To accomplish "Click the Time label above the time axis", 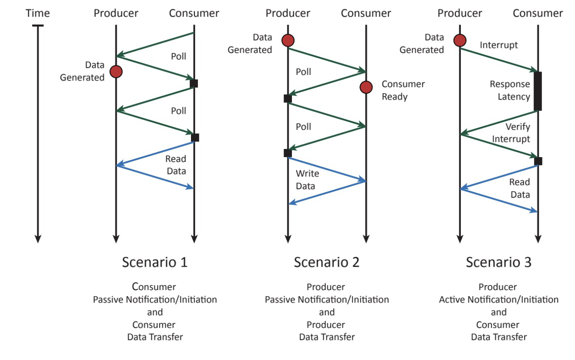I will (x=38, y=13).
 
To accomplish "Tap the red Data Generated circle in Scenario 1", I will (x=116, y=72).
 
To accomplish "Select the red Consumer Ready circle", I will (x=366, y=87).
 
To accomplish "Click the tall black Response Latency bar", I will (x=538, y=91).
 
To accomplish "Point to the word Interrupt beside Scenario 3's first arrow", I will (x=499, y=45).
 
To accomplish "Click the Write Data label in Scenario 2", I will (x=307, y=180).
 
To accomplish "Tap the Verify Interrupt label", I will (x=511, y=133).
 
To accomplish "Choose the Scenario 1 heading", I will (x=155, y=262).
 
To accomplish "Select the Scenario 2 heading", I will (x=327, y=262).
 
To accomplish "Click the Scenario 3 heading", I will (x=499, y=262).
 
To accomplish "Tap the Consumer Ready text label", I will (x=403, y=90).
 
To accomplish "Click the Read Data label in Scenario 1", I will (x=176, y=165).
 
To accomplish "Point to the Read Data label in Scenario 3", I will (x=520, y=188).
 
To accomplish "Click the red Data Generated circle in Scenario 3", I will (x=460, y=40).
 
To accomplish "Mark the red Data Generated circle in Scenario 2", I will (x=288, y=40).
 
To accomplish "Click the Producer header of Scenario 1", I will (x=116, y=13).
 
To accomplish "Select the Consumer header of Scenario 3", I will (x=538, y=13).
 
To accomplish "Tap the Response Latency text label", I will (x=510, y=90).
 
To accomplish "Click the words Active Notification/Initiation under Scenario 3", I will (x=499, y=299).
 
